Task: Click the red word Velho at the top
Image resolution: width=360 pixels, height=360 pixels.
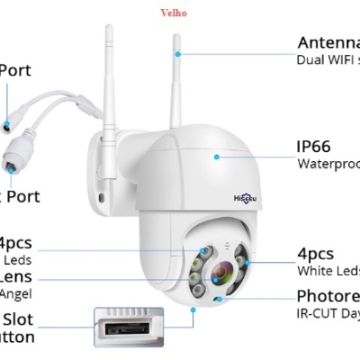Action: click(173, 13)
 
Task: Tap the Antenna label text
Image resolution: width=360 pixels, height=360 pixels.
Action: click(328, 42)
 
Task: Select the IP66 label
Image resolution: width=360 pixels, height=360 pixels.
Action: click(317, 146)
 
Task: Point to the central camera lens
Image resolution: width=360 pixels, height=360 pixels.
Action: click(222, 271)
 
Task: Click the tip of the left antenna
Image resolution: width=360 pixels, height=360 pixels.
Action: click(108, 29)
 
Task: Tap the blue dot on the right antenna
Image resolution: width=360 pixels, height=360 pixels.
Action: click(178, 53)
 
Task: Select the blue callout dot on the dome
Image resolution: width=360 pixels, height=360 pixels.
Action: click(216, 155)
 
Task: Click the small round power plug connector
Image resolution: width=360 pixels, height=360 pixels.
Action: click(11, 121)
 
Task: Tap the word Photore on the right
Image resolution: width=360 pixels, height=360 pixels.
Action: click(328, 296)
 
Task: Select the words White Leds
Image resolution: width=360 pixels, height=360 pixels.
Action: click(328, 271)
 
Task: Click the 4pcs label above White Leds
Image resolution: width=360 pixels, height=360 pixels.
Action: click(315, 253)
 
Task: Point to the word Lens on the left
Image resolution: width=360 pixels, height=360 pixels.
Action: click(17, 275)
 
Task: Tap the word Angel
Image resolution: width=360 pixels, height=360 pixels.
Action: click(16, 293)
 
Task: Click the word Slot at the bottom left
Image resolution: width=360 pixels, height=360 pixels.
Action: click(18, 319)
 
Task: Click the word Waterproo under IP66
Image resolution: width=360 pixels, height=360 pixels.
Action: click(328, 164)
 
